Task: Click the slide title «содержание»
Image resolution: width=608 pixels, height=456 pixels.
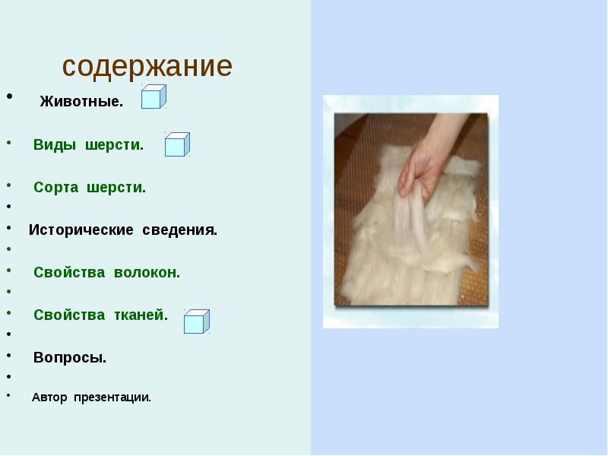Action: [147, 67]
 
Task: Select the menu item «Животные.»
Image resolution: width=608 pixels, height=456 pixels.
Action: [81, 103]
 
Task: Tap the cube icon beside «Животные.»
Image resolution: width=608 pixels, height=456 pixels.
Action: [153, 97]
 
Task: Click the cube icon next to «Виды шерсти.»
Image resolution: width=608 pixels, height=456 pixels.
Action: [177, 144]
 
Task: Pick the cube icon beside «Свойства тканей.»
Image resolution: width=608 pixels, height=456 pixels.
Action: [196, 321]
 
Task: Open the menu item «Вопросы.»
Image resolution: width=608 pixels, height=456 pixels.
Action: [70, 358]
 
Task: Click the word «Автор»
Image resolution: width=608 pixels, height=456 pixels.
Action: [49, 397]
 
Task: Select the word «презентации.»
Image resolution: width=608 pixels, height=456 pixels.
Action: [112, 397]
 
